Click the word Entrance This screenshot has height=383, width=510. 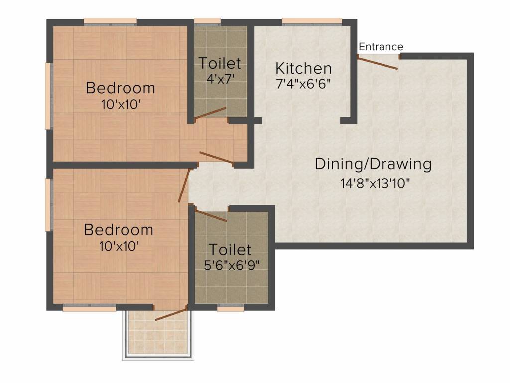pyautogui.click(x=381, y=47)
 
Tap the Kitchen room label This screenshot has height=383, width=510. pyautogui.click(x=303, y=68)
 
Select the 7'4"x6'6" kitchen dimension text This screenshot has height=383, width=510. pyautogui.click(x=303, y=83)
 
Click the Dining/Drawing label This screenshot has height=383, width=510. pyautogui.click(x=373, y=164)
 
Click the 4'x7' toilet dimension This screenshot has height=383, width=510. pyautogui.click(x=220, y=79)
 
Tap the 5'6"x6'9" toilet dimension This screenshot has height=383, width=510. pyautogui.click(x=230, y=264)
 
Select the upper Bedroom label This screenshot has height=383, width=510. pyautogui.click(x=121, y=88)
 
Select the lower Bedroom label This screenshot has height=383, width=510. pyautogui.click(x=119, y=230)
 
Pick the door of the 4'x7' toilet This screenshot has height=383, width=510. pyautogui.click(x=211, y=113)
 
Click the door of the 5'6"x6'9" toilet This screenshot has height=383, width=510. pyautogui.click(x=210, y=215)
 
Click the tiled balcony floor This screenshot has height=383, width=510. pyautogui.click(x=157, y=336)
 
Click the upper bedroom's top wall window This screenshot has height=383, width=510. pyautogui.click(x=110, y=21)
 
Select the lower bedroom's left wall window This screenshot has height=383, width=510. pyautogui.click(x=49, y=204)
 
